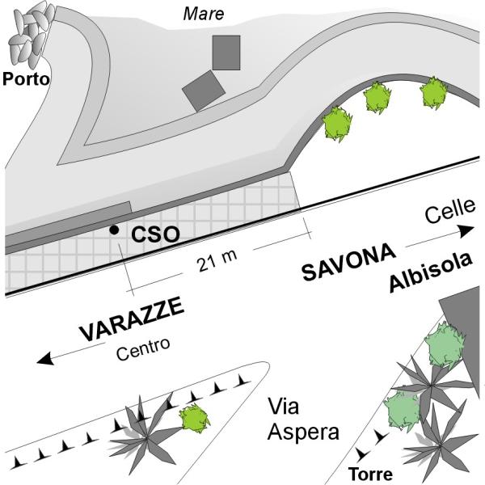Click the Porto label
[26, 79]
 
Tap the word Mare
[204, 15]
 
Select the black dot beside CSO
[115, 230]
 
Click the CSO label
[155, 234]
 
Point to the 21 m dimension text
[217, 260]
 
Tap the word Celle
[450, 211]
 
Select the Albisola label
[431, 273]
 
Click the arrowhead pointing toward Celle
[466, 231]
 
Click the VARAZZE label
[132, 319]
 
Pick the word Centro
[143, 349]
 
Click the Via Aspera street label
[303, 419]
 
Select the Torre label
[370, 474]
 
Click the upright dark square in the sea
[226, 53]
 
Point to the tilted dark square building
[204, 91]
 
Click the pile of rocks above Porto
[31, 33]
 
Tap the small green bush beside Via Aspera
[194, 419]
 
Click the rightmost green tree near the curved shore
[433, 93]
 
